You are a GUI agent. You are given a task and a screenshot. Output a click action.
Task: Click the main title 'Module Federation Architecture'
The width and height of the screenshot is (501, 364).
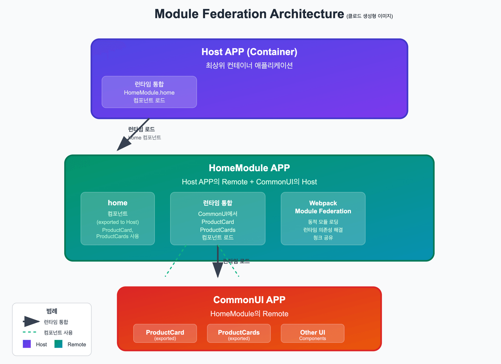[249, 14]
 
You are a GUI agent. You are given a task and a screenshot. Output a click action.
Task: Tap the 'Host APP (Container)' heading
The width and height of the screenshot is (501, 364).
[249, 52]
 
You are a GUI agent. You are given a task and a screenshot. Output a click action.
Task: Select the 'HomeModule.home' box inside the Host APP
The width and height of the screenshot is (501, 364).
[149, 92]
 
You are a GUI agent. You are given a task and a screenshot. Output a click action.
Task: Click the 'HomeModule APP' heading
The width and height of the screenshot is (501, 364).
[249, 168]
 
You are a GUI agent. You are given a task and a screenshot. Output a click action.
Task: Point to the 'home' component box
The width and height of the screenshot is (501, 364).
[118, 218]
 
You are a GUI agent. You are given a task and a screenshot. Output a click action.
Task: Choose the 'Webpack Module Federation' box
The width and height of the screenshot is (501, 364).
[323, 218]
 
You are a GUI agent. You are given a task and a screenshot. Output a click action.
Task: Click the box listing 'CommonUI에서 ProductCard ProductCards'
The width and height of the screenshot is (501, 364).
[218, 218]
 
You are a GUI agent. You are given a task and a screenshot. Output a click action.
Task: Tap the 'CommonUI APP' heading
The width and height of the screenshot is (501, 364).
[249, 300]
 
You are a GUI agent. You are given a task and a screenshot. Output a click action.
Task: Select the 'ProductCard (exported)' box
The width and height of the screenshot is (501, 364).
[165, 333]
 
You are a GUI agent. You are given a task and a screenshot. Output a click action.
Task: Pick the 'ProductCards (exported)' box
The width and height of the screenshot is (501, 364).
[239, 333]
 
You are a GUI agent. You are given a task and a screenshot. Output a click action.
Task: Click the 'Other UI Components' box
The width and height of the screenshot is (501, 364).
[312, 333]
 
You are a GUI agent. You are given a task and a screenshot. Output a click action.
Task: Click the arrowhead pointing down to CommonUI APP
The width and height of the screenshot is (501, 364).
[218, 270]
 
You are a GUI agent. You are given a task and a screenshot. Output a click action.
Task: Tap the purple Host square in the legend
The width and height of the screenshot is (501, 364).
[27, 344]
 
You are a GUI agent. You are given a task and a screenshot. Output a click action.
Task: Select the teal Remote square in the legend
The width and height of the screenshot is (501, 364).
[58, 344]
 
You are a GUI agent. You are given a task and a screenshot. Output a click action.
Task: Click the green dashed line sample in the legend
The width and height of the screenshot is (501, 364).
[29, 332]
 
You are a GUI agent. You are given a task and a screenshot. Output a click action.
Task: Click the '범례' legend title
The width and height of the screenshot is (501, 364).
[52, 311]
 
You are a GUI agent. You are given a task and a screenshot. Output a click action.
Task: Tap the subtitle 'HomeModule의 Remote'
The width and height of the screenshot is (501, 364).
[249, 314]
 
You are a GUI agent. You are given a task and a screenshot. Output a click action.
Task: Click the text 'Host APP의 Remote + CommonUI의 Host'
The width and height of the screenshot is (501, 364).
[249, 182]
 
